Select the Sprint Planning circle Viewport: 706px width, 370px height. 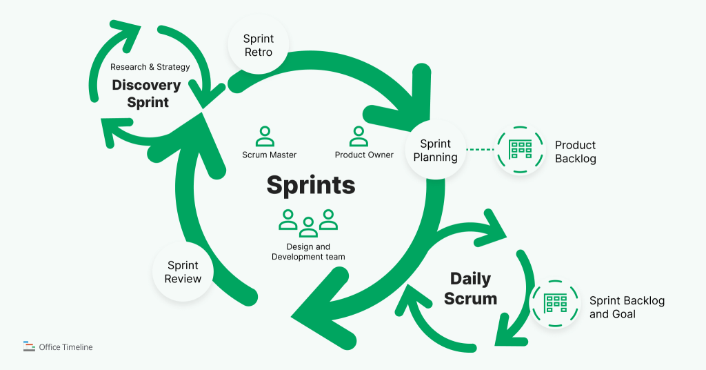click(435, 150)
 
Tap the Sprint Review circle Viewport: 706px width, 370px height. click(183, 272)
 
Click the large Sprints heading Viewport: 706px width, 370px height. click(311, 186)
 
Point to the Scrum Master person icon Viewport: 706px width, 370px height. click(264, 136)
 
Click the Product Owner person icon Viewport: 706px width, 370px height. click(359, 136)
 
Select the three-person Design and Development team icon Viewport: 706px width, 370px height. click(308, 221)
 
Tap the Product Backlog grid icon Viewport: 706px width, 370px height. click(520, 150)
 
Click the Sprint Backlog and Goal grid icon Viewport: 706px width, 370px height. click(555, 304)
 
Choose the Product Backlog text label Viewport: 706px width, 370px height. click(575, 152)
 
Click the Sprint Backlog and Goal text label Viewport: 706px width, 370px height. click(626, 308)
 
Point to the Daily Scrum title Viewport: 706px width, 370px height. click(470, 289)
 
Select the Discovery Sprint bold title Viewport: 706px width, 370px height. click(147, 94)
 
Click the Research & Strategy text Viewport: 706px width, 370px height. click(150, 67)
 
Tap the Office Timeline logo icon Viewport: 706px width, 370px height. click(29, 347)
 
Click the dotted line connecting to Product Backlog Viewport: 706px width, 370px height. click(481, 149)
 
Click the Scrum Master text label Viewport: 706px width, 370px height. click(269, 155)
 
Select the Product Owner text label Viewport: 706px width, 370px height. click(364, 155)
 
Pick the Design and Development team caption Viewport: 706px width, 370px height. click(308, 252)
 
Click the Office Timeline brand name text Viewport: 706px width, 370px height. click(66, 347)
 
